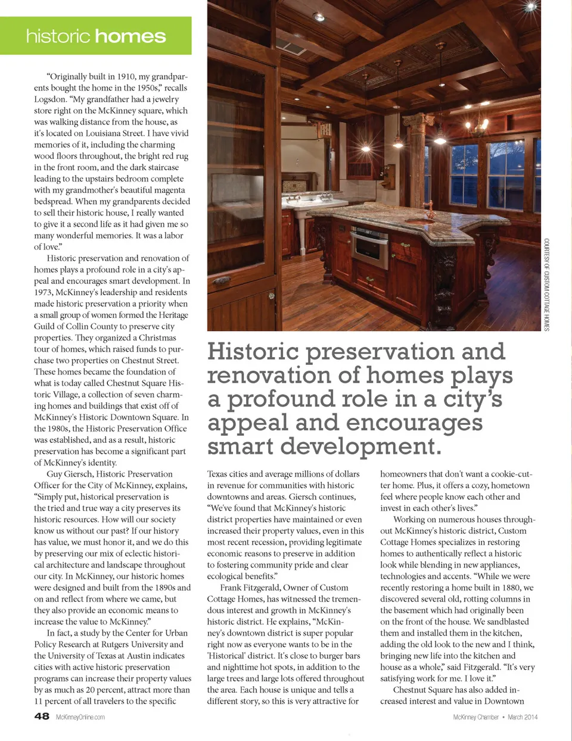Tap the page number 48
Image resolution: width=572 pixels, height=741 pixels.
42,716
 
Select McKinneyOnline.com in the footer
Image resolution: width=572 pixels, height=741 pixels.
80,717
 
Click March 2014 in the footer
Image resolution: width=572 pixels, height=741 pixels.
523,717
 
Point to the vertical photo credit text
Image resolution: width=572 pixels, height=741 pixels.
546,284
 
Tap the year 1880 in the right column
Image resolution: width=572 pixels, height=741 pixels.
511,588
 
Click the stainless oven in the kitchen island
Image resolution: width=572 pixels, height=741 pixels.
369,248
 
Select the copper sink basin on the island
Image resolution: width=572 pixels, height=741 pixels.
419,221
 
